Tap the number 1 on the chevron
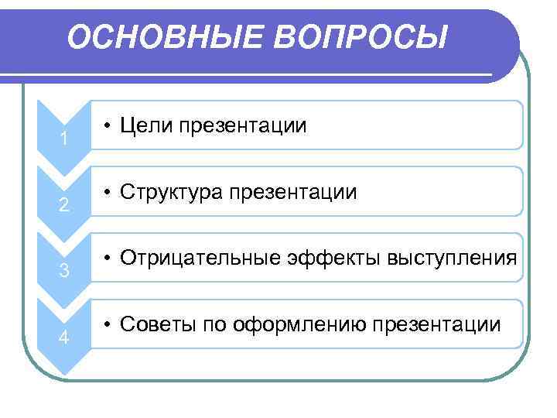[65, 140]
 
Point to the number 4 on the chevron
[65, 339]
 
